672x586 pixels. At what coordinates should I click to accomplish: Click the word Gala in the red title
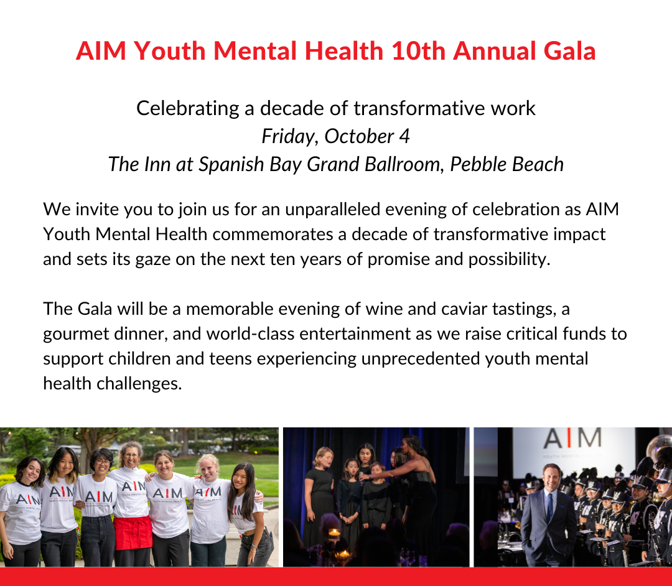click(569, 51)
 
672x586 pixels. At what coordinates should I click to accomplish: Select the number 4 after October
click(404, 137)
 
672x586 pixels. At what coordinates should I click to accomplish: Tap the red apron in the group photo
click(133, 533)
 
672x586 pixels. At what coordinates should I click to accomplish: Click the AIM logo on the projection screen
click(572, 439)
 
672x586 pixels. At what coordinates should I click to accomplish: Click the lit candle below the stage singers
click(334, 533)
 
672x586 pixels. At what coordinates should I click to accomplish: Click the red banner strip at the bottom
click(336, 577)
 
